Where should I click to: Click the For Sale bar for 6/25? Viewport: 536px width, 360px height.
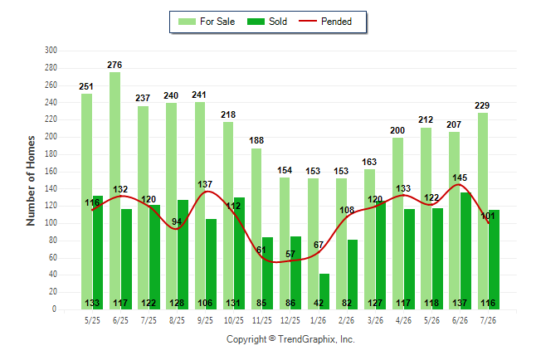click(115, 191)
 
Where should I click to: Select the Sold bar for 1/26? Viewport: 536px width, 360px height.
click(324, 292)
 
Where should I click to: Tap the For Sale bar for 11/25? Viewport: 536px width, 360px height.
click(256, 229)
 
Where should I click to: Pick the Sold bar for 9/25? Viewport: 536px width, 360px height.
click(212, 265)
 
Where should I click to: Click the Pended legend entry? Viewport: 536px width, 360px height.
click(325, 22)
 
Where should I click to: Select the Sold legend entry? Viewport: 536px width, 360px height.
click(267, 22)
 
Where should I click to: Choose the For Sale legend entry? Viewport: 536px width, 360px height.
click(207, 22)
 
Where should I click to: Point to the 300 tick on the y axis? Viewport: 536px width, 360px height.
click(51, 51)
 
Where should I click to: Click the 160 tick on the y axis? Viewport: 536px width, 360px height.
click(51, 171)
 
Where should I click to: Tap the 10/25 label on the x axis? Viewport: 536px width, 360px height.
click(234, 320)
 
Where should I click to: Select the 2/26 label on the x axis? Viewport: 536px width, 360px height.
click(346, 320)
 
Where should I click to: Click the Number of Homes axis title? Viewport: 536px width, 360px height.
click(31, 181)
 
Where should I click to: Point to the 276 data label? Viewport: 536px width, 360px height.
click(115, 65)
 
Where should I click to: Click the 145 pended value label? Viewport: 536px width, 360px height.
click(460, 178)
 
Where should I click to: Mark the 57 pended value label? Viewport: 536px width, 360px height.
click(290, 254)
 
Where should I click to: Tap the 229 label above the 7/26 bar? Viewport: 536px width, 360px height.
click(482, 105)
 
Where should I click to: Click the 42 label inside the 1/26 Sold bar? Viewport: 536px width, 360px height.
click(319, 303)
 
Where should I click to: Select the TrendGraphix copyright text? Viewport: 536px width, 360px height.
click(290, 339)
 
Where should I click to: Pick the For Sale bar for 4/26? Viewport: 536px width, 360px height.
click(398, 224)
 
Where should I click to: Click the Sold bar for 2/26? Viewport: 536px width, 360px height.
click(353, 275)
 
